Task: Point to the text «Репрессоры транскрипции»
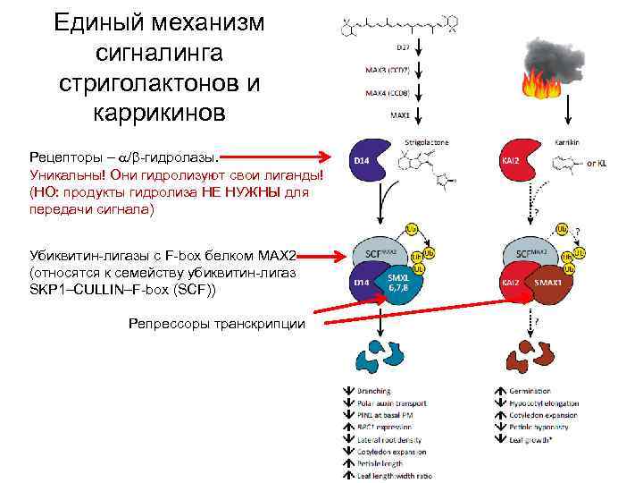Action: click(216, 324)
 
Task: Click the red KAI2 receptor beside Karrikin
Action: click(511, 161)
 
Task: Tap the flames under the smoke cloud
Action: click(540, 83)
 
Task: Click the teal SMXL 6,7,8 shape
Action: click(397, 284)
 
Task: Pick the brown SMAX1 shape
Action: click(548, 284)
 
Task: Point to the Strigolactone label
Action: click(427, 141)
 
